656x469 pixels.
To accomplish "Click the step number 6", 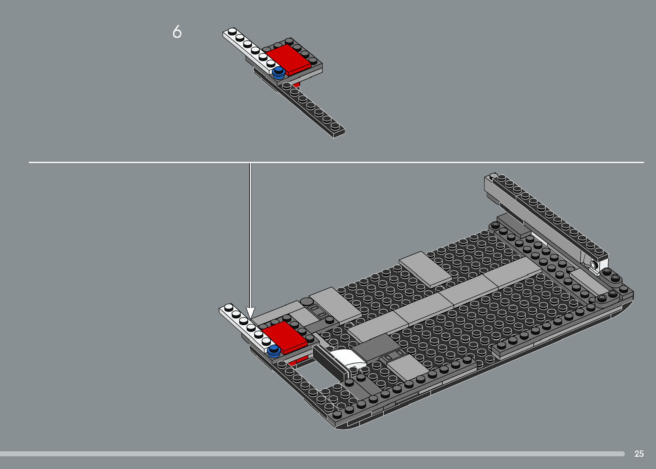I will click(177, 32).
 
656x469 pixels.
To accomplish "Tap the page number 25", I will click(639, 454).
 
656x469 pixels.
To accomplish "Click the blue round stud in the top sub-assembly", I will click(279, 73).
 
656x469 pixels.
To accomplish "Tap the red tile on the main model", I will click(285, 337).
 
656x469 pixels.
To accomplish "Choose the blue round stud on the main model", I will click(274, 351).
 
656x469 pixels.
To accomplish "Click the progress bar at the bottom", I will click(313, 454).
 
